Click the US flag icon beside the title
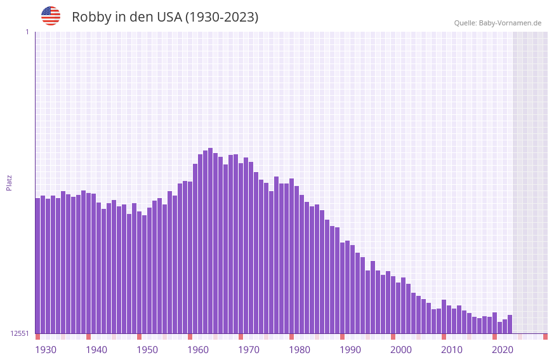[51, 16]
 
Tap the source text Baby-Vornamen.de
[510, 23]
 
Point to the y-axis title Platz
[9, 182]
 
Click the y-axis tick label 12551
[20, 333]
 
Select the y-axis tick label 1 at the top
[27, 32]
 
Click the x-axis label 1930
[46, 350]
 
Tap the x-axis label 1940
[96, 350]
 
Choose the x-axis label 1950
[147, 350]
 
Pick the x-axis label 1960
[198, 350]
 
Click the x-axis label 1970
[249, 350]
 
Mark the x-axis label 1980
[300, 350]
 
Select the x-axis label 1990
[350, 350]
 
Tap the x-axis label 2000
[401, 350]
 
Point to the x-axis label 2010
[452, 350]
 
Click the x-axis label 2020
[503, 350]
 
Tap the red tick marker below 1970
[241, 337]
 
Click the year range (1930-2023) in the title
[221, 17]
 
